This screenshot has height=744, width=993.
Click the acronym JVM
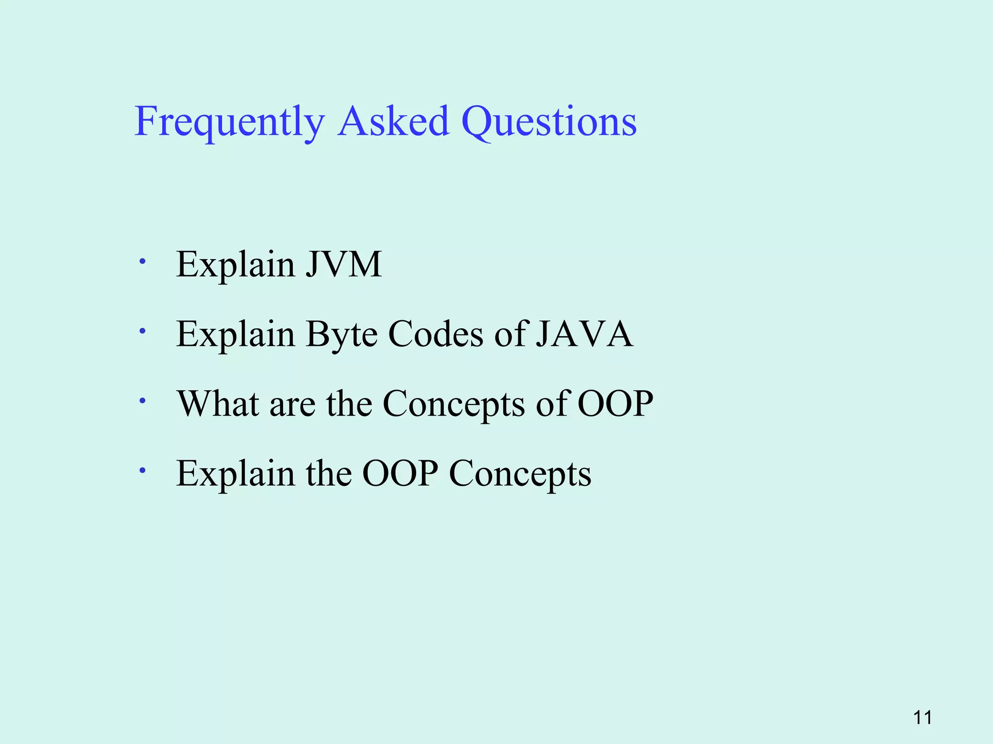click(x=343, y=264)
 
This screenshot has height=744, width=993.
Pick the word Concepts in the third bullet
click(x=453, y=404)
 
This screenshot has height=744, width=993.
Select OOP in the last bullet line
click(x=400, y=473)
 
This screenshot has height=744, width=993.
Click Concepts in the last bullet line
click(x=520, y=474)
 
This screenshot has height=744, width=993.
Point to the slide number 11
click(x=922, y=717)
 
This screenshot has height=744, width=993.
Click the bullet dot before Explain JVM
click(x=142, y=262)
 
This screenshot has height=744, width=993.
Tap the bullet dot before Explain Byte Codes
click(x=142, y=332)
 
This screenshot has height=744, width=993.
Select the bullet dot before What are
click(x=142, y=401)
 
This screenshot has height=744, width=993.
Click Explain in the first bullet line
click(x=235, y=264)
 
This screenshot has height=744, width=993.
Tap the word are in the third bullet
click(x=292, y=404)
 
